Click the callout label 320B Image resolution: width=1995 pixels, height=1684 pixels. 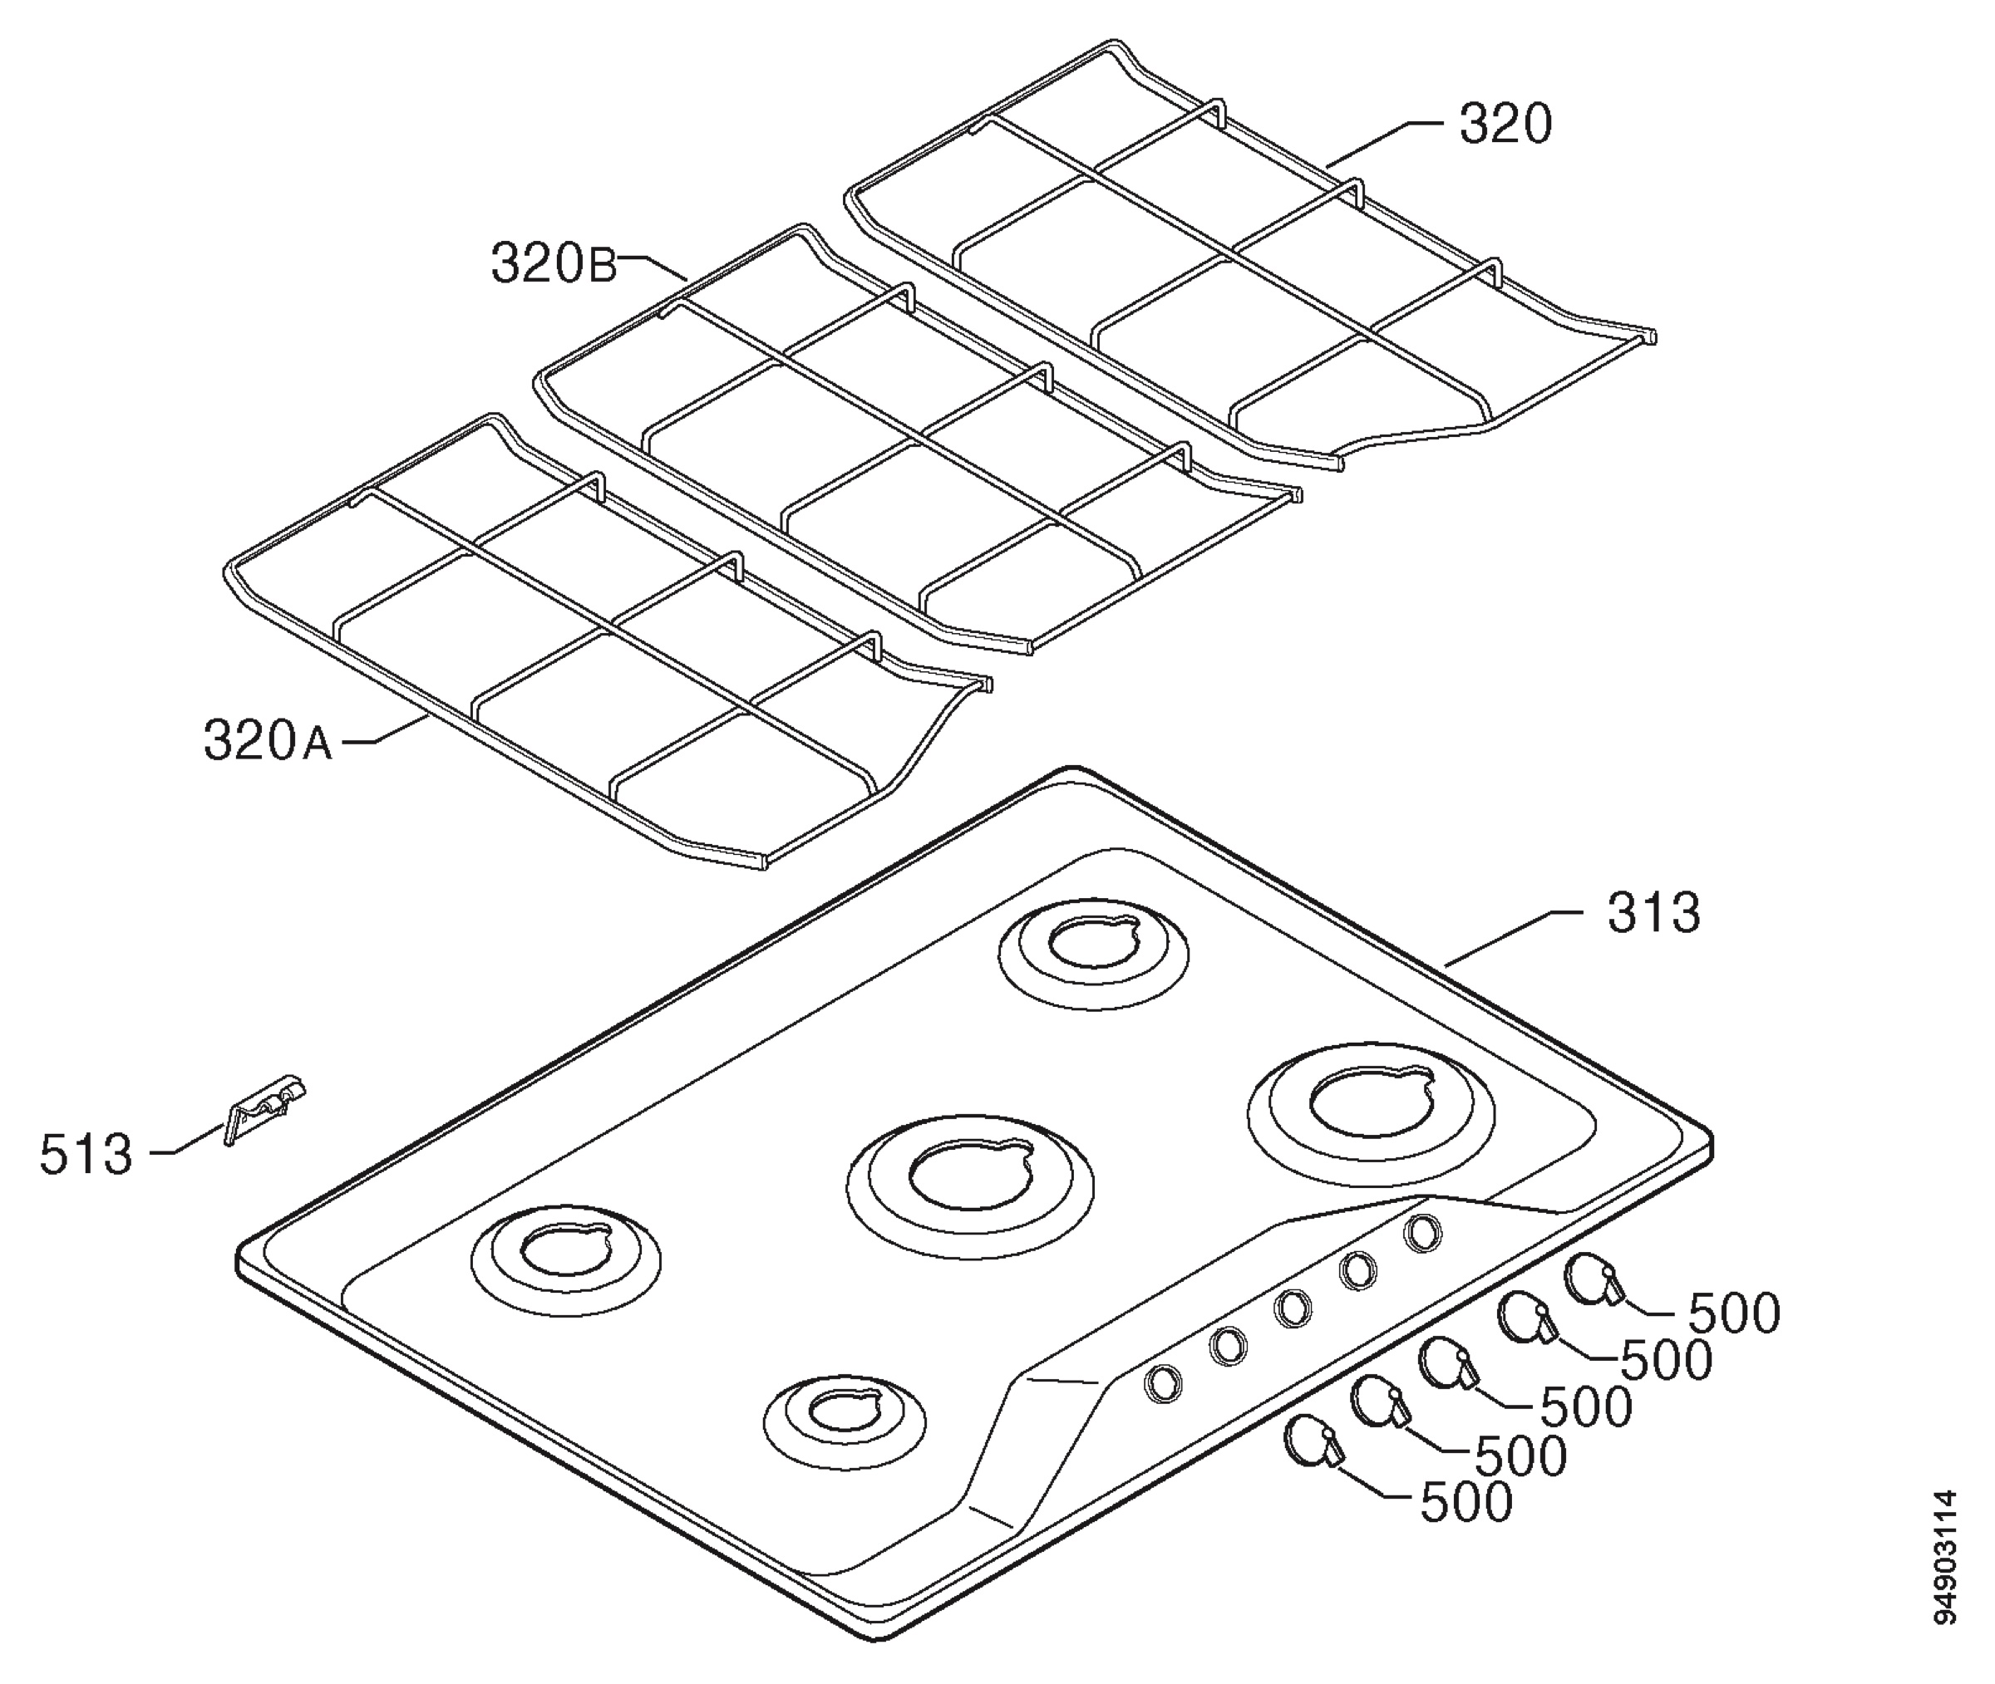(x=553, y=264)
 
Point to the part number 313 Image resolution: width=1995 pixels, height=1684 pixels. (x=1654, y=913)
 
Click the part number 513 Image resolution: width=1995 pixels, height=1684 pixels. (x=85, y=1154)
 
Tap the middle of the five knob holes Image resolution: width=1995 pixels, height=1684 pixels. (x=1292, y=1308)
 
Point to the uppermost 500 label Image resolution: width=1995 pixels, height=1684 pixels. (x=1734, y=1313)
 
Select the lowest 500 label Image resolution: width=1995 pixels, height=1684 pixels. (x=1467, y=1503)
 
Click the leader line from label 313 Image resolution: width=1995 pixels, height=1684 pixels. (x=1514, y=939)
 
